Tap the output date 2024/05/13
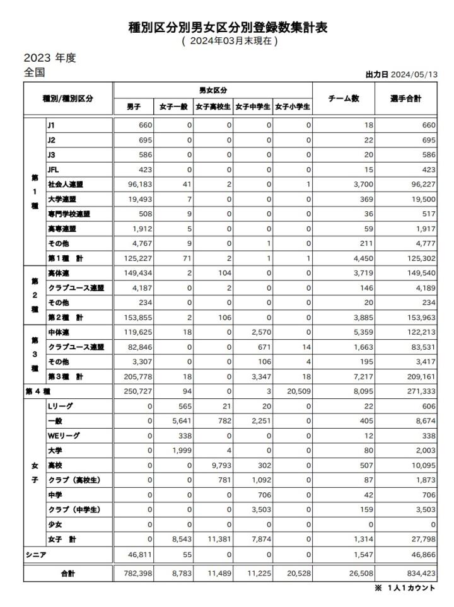(x=414, y=74)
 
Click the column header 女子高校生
(x=213, y=107)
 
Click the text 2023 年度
(x=50, y=57)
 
